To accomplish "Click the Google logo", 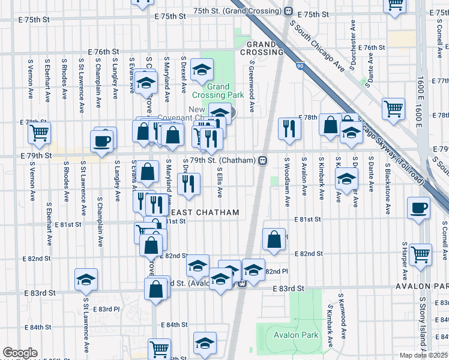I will point(20,352).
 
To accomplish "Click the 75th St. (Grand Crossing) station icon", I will point(289,11).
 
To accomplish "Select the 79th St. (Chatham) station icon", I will point(262,160).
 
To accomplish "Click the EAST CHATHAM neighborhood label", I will point(205,212).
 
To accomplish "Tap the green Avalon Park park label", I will point(296,335).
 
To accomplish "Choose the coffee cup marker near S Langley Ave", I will point(101,141).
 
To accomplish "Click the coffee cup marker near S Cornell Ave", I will point(418,208).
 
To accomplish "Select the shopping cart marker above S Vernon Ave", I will point(40,133).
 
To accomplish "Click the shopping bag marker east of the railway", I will point(274,239).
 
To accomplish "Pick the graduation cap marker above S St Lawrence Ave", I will point(86,279).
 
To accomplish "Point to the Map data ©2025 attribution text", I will point(423,355).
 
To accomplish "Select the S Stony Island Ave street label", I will point(423,324).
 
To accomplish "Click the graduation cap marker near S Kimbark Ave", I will point(346,178).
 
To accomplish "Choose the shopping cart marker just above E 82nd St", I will point(420,254).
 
